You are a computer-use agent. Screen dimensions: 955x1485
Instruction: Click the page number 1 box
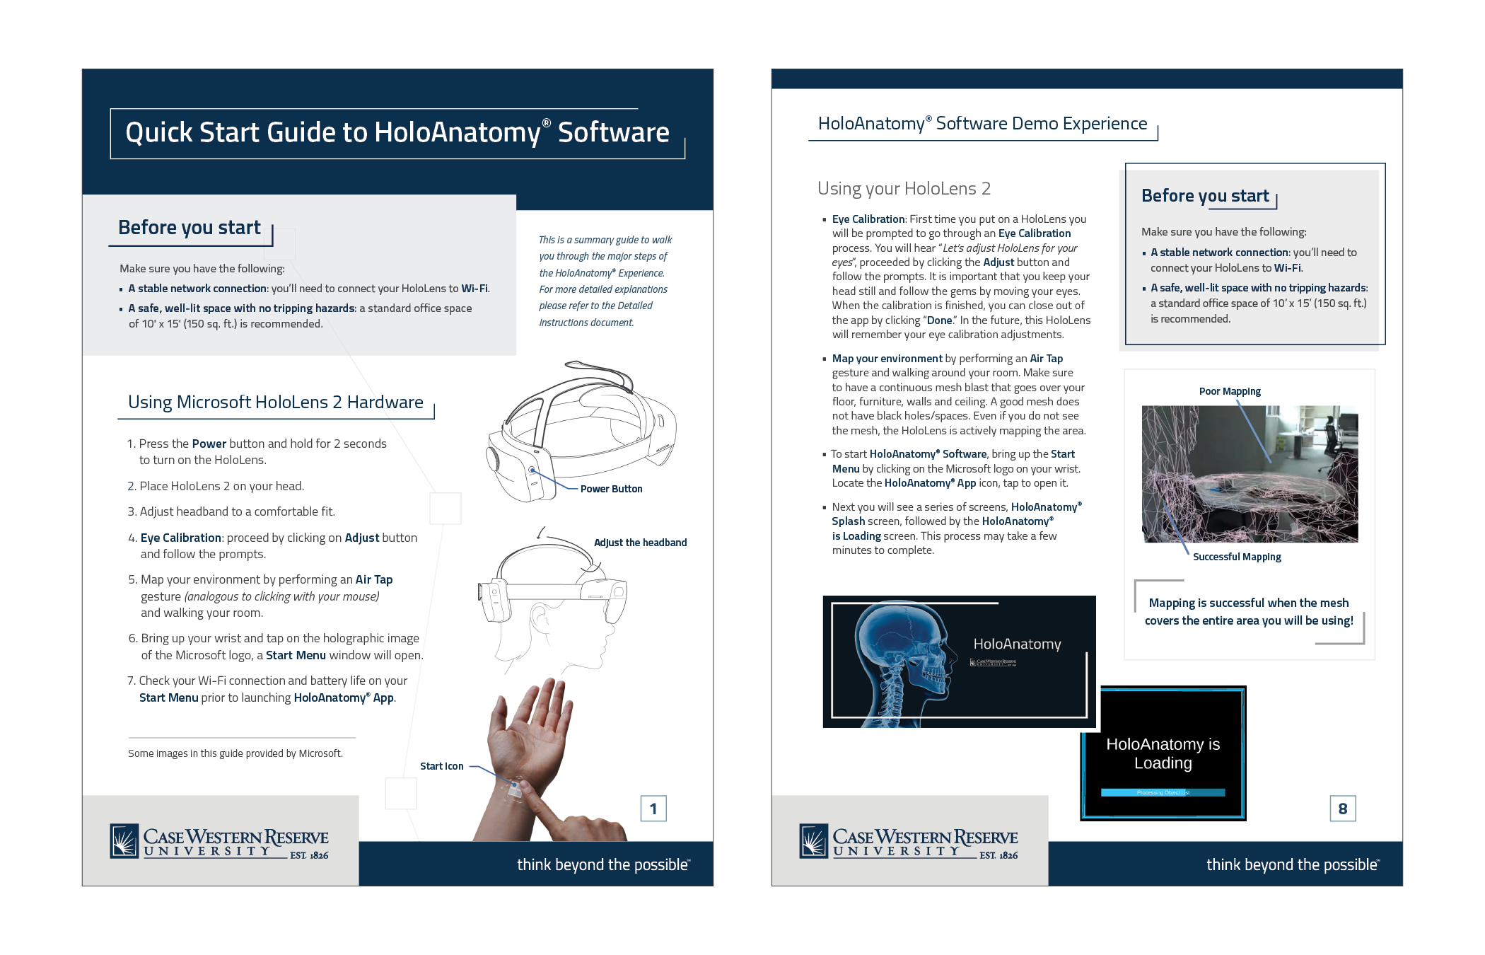click(653, 809)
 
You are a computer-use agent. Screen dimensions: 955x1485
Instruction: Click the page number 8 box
click(1342, 809)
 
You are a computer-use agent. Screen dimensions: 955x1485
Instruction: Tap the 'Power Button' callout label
click(611, 489)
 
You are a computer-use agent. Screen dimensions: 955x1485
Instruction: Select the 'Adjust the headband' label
click(640, 543)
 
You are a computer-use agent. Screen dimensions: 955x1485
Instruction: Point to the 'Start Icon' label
click(441, 766)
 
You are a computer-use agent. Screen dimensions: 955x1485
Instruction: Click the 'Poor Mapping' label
click(1230, 391)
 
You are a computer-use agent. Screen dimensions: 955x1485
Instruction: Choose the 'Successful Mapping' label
click(1237, 557)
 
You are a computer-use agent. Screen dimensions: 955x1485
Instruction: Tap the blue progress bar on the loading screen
click(1163, 792)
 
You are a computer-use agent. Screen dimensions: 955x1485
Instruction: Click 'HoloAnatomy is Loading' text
click(1163, 753)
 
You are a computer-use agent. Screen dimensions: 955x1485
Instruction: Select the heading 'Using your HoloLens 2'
click(904, 188)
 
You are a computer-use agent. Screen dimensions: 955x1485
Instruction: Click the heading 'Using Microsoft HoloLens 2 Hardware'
click(275, 402)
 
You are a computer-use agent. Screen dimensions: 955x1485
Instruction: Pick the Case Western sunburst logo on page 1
click(124, 841)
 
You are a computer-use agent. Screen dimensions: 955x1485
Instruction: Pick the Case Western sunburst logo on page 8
click(814, 841)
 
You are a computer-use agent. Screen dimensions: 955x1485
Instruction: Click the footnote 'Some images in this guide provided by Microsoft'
click(235, 753)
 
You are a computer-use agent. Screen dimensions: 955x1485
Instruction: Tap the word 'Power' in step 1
click(209, 444)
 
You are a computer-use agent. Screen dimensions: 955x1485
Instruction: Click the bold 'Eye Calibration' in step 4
click(181, 538)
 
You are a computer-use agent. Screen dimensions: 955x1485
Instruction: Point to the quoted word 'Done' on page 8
click(940, 320)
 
